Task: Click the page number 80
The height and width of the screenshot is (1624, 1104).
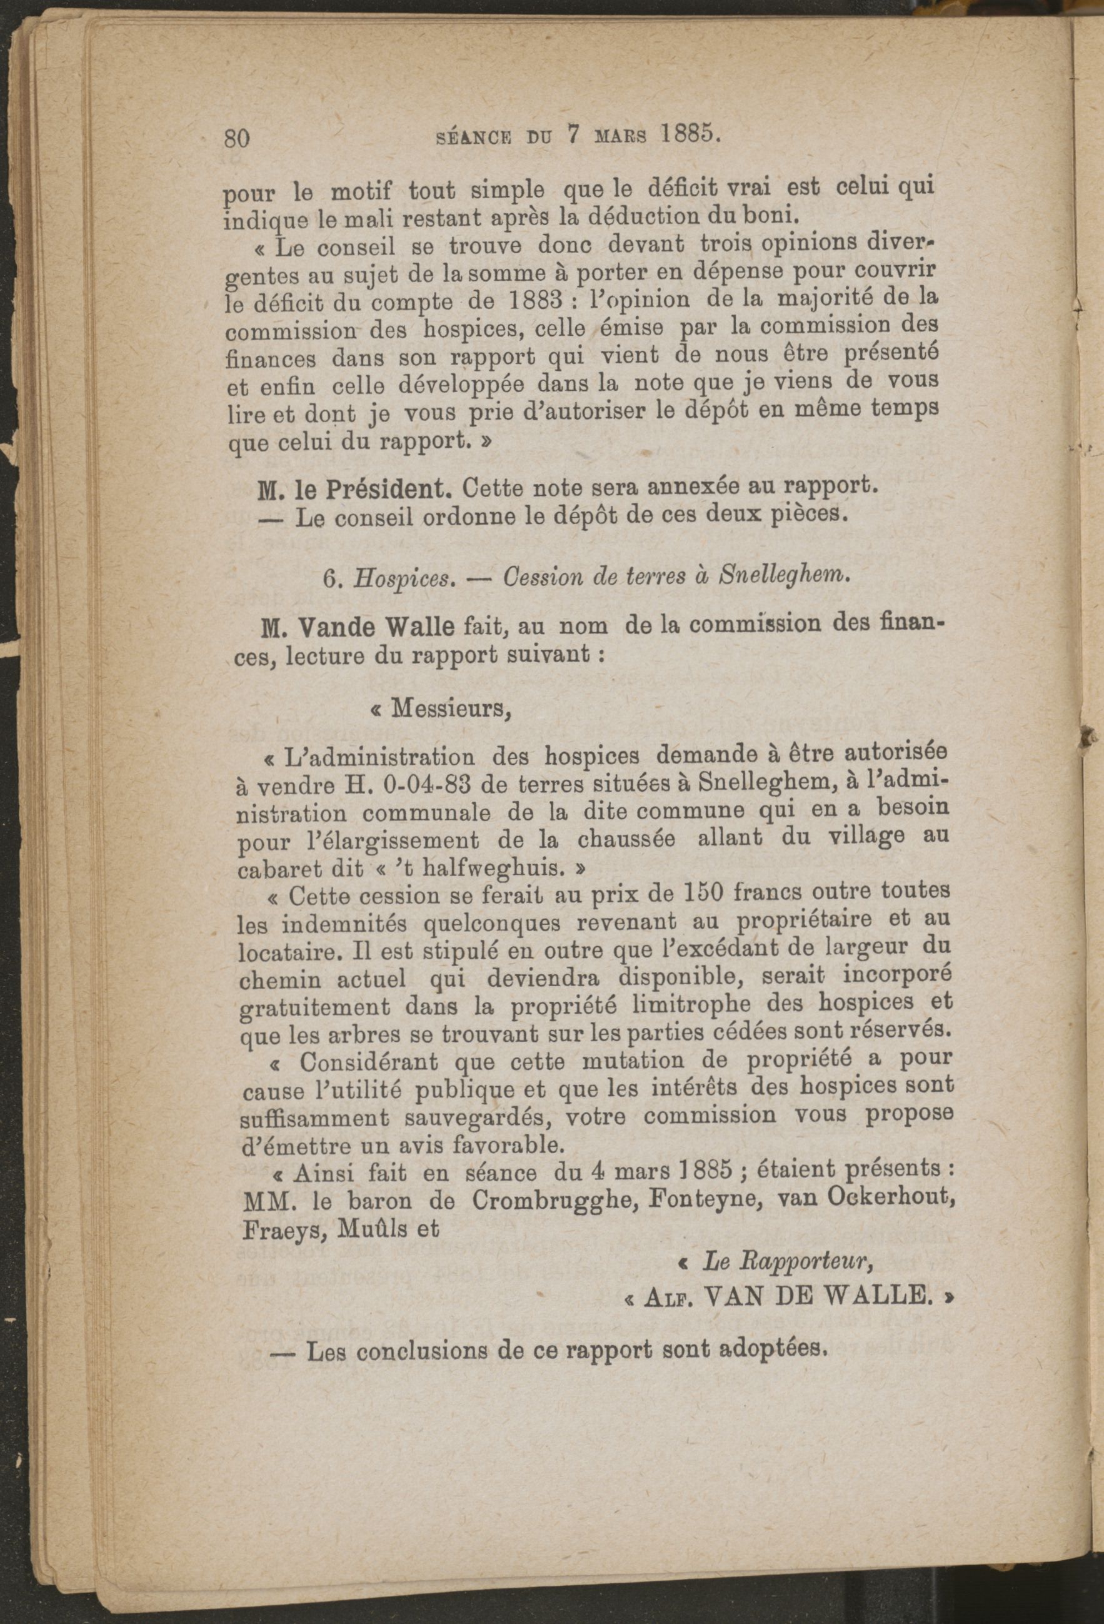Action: [237, 138]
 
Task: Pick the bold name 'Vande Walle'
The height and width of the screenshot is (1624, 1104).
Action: [378, 629]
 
